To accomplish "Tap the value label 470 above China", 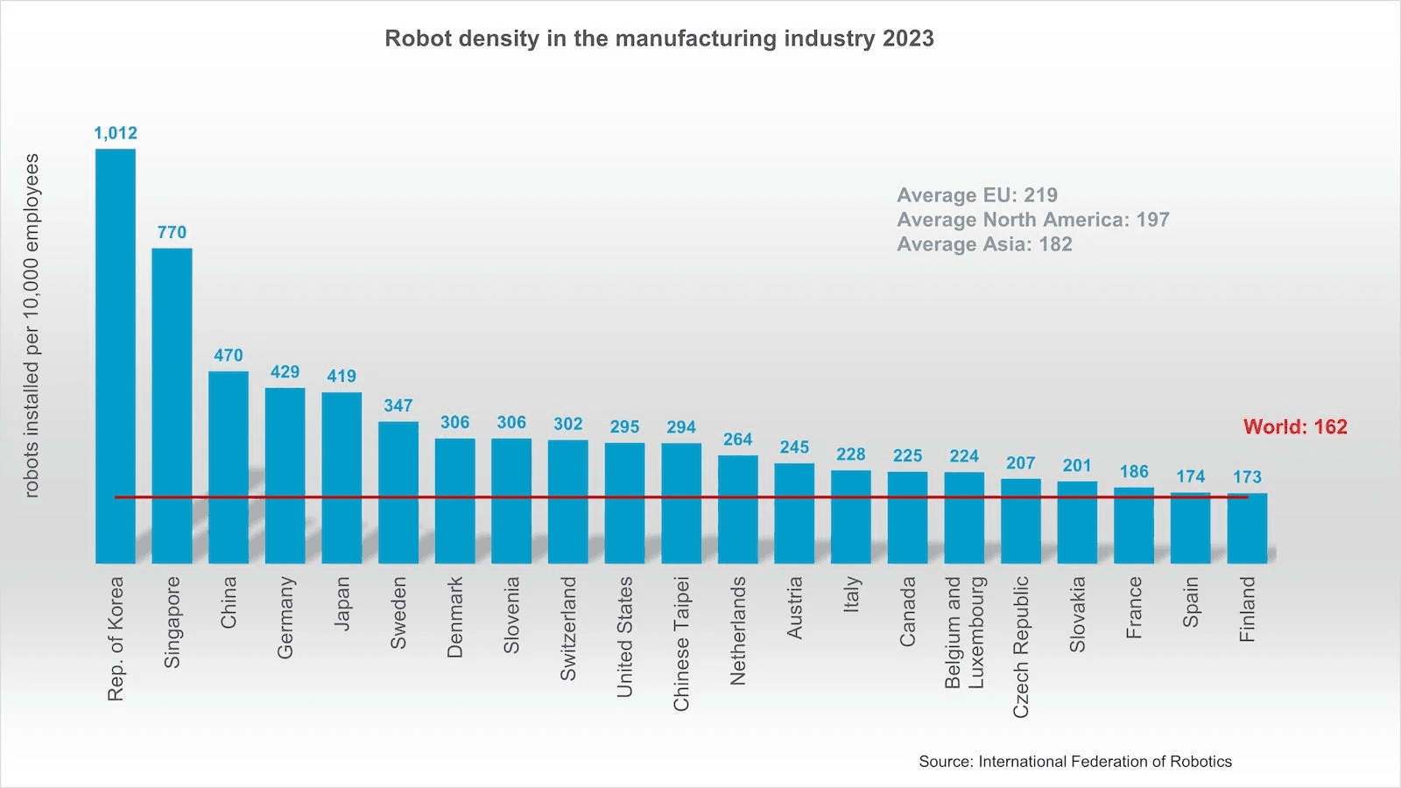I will (229, 355).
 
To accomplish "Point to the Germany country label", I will (285, 617).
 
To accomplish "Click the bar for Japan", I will (341, 477).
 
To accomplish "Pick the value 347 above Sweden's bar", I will (398, 405).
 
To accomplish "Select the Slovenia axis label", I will (511, 615).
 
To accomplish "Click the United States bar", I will (624, 503).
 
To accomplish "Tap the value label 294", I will (681, 427).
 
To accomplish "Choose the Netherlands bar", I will (737, 509).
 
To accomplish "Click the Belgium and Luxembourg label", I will (964, 632).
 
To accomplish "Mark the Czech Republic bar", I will (1021, 521).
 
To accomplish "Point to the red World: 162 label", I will (1295, 427).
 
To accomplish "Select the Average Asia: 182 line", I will (984, 244).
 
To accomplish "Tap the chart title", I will (659, 39).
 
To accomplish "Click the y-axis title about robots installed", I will (32, 326).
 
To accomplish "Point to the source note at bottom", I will (1075, 762).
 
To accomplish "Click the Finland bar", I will (1247, 528).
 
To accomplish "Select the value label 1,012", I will (116, 133).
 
